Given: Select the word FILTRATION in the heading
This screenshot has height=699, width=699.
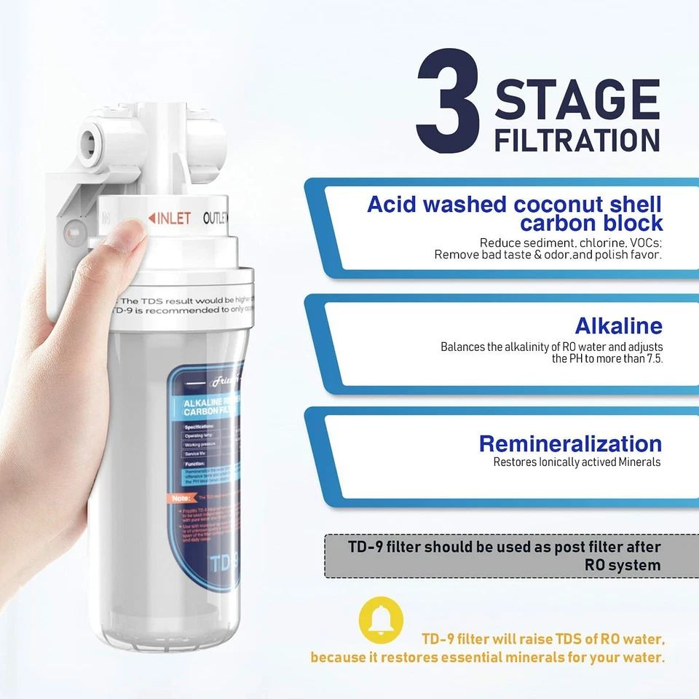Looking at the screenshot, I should coord(577,140).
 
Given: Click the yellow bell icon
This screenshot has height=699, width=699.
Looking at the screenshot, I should coord(381,620).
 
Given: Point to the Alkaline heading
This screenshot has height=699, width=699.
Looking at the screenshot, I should coord(618,325).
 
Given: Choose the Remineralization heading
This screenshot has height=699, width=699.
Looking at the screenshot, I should coord(570,443).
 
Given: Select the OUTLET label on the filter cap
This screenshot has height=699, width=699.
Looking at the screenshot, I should coord(216,218).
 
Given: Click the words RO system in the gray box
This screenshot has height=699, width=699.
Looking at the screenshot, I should coord(623,565).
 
